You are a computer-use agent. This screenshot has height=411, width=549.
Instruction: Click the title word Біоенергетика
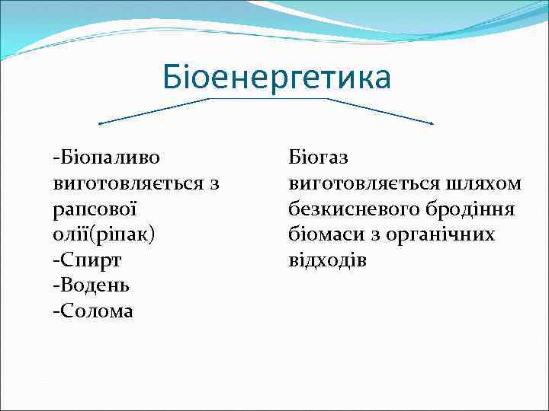(x=277, y=77)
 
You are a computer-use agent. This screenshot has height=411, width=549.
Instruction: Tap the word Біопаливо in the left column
(x=110, y=158)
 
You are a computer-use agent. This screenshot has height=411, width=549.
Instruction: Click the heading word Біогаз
(x=318, y=158)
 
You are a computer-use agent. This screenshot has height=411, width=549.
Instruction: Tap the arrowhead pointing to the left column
(x=101, y=123)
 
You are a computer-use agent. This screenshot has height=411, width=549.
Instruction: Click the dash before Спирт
(x=56, y=260)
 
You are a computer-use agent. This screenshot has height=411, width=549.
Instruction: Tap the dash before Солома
(x=56, y=311)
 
